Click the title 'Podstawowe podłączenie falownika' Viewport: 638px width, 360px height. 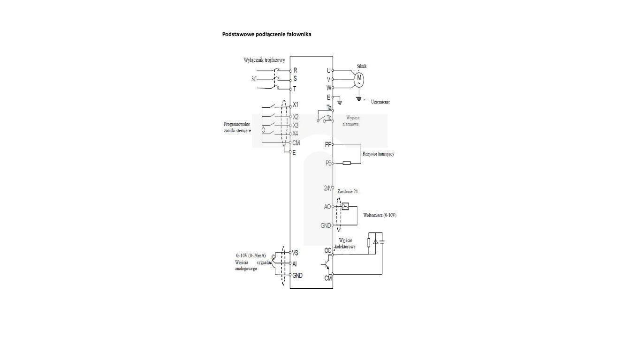point(266,34)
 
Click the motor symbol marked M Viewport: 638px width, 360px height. point(359,79)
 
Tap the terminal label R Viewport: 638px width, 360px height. point(295,70)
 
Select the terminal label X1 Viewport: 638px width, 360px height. point(296,105)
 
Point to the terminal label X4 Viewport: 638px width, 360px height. point(296,134)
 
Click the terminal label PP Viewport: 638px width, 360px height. point(328,144)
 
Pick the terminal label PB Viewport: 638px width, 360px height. point(328,163)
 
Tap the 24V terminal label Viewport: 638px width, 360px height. point(328,188)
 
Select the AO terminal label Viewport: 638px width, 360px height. point(327,207)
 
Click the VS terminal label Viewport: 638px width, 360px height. point(296,252)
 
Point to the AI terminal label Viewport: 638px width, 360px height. point(295,264)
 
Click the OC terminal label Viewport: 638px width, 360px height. point(328,250)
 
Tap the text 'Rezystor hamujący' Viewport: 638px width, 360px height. point(378,154)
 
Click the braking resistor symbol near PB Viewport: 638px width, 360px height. point(347,163)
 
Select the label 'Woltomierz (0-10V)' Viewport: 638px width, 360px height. point(380,215)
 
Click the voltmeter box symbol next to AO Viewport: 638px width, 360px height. point(345,206)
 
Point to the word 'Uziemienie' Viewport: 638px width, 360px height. point(380,102)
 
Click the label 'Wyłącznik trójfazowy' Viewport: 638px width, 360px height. point(265,60)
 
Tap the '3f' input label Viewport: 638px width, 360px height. point(254,79)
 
